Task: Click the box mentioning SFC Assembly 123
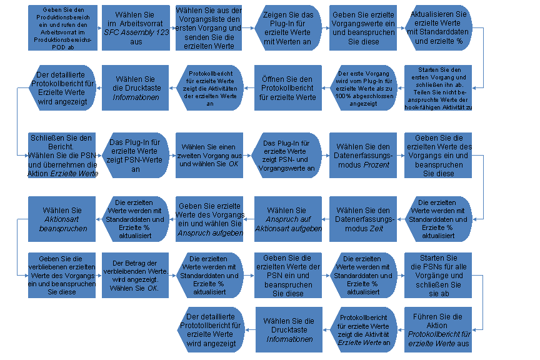tap(136, 28)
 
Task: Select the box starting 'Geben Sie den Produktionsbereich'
tap(62, 28)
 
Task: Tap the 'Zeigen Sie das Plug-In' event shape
tap(288, 28)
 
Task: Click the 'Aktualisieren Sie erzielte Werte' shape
tap(438, 28)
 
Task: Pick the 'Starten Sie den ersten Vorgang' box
tap(438, 88)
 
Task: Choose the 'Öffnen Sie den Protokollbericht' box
tap(288, 88)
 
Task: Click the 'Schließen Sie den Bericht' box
tap(62, 156)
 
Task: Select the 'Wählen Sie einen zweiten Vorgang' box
tap(209, 156)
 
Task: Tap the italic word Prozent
tap(376, 164)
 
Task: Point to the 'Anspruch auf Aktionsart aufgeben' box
tap(288, 219)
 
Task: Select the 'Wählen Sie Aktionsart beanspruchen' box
tap(62, 219)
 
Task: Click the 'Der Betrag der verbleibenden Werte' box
tap(136, 275)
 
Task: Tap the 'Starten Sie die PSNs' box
tap(438, 275)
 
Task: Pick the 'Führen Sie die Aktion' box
tap(438, 329)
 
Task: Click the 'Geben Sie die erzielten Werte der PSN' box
tap(288, 275)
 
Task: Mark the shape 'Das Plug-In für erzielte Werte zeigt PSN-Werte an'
tap(136, 156)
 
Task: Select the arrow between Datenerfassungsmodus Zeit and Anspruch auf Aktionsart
tap(326, 219)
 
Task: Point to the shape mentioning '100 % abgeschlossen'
tap(363, 88)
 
